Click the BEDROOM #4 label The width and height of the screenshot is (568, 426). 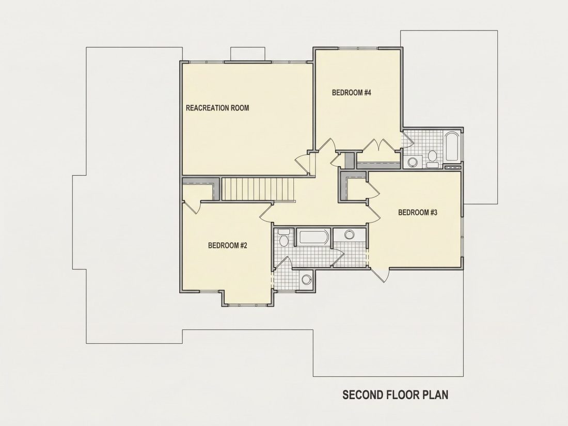click(x=351, y=93)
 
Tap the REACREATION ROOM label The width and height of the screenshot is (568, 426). click(x=217, y=108)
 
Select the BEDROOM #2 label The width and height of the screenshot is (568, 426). click(x=228, y=246)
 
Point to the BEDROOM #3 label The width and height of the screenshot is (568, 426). click(x=418, y=212)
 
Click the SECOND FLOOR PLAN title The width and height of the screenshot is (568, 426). click(x=395, y=395)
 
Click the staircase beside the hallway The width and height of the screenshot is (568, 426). click(x=257, y=188)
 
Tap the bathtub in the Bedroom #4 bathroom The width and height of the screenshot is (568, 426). click(x=452, y=147)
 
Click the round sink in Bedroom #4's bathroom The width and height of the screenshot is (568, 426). click(x=412, y=162)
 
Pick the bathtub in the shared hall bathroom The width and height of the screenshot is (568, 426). click(x=314, y=238)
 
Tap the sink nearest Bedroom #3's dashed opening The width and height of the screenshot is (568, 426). click(x=349, y=235)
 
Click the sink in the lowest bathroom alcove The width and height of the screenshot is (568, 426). click(x=306, y=279)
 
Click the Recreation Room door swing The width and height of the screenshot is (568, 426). click(x=302, y=165)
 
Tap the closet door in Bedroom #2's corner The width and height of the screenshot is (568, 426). click(x=192, y=207)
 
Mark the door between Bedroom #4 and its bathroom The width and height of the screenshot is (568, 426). click(x=408, y=139)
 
